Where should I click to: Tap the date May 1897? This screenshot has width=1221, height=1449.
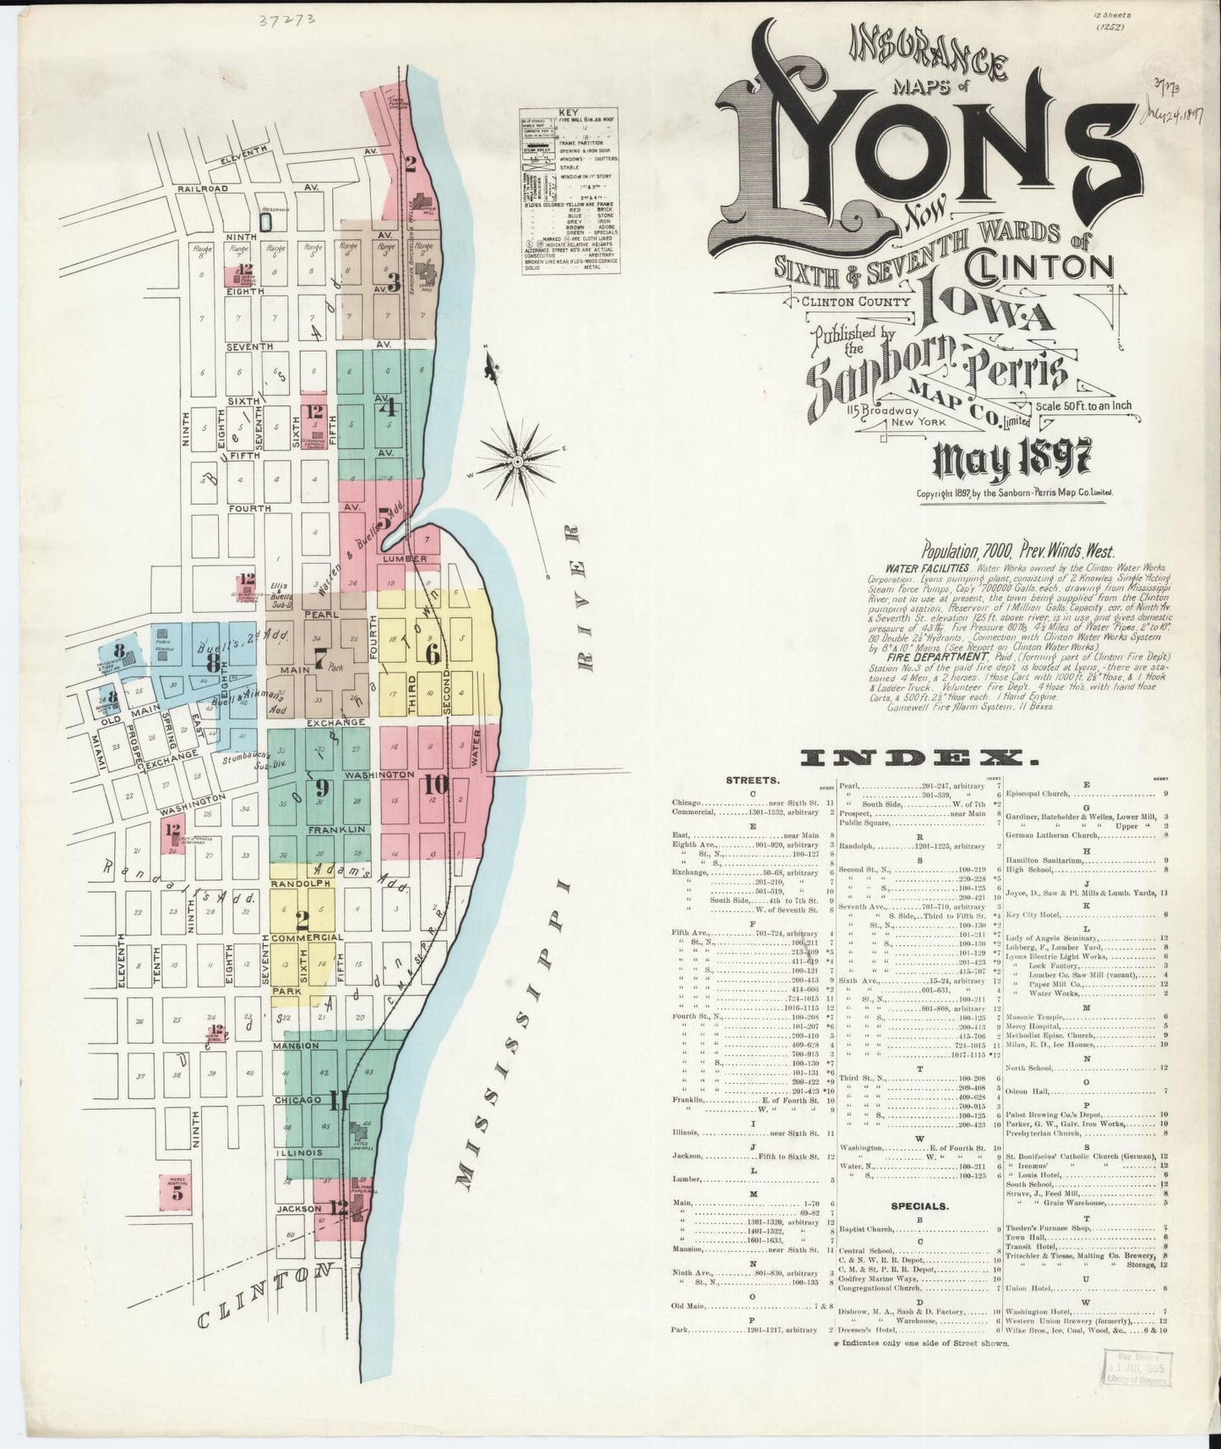click(x=1011, y=461)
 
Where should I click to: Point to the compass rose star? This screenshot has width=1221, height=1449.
click(x=515, y=462)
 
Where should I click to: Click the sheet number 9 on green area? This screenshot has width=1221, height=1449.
click(x=322, y=789)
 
